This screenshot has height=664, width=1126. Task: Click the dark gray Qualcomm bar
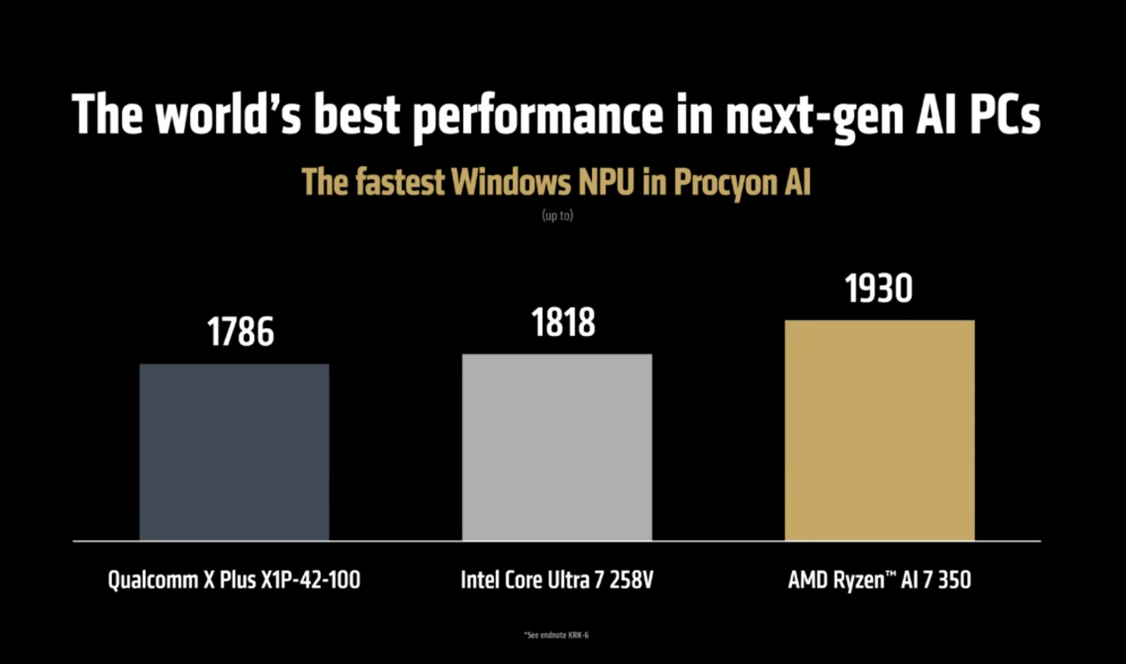(x=234, y=452)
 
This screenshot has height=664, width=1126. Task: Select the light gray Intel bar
(x=556, y=446)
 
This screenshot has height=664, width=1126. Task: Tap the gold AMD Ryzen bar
(x=879, y=429)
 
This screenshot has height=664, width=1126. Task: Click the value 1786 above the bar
(x=241, y=331)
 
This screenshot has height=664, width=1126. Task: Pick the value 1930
(x=879, y=288)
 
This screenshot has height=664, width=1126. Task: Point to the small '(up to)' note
(x=557, y=215)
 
